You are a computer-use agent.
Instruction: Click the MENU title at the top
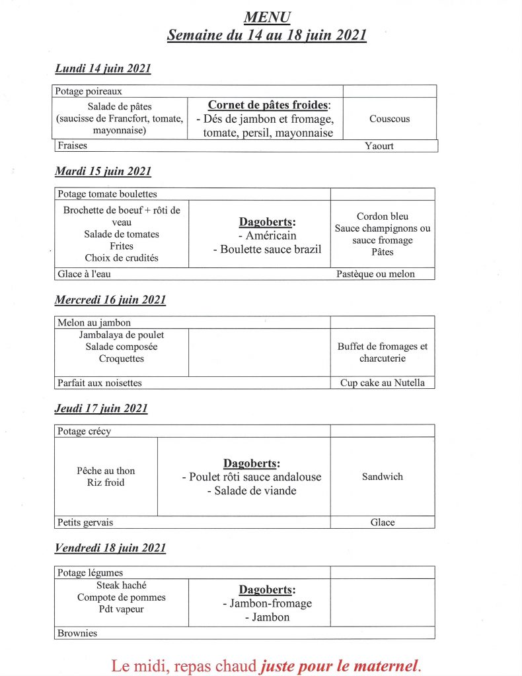click(266, 17)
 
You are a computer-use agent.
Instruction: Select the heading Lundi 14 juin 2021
click(102, 69)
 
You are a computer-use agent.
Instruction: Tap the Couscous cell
click(389, 119)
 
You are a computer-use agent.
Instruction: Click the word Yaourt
click(379, 146)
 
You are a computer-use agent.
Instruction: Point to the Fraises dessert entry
click(72, 146)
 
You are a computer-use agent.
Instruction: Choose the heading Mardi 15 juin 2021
click(102, 172)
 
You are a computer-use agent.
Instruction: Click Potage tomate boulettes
click(106, 194)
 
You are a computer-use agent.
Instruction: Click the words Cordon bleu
click(383, 217)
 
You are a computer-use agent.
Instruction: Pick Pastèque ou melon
click(375, 274)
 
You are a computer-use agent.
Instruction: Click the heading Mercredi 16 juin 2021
click(110, 300)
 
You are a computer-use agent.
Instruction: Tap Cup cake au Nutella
click(383, 383)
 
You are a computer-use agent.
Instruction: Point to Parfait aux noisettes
click(99, 383)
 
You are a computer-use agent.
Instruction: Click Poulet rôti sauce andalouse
click(251, 477)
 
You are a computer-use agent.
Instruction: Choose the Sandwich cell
click(382, 477)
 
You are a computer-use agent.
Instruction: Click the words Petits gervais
click(85, 522)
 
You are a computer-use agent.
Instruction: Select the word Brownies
click(77, 633)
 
